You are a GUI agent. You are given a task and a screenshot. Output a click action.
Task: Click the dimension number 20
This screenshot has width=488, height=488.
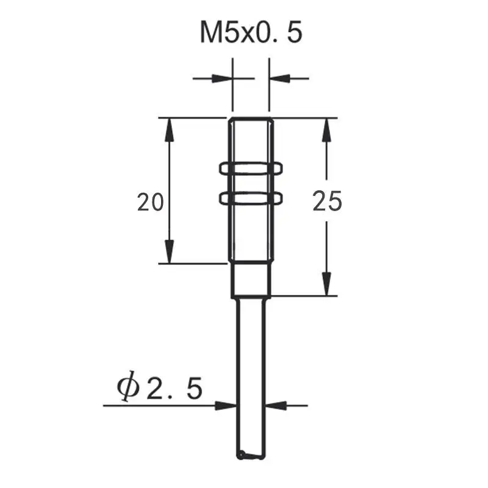tap(150, 202)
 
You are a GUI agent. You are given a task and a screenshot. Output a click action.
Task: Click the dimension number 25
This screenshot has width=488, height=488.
tap(328, 201)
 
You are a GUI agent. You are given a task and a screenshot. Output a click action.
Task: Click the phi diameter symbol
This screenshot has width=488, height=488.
tap(127, 388)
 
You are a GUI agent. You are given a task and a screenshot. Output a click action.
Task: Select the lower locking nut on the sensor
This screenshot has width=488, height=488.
tap(250, 196)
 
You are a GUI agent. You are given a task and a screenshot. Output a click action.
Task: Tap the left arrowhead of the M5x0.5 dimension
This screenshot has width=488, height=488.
tap(222, 78)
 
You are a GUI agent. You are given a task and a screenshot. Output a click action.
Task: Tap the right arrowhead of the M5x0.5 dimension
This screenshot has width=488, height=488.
tap(279, 78)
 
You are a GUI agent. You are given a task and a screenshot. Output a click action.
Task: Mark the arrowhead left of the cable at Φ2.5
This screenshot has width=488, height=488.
tap(226, 405)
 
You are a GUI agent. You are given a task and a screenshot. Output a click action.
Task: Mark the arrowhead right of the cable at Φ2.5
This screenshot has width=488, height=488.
tap(276, 405)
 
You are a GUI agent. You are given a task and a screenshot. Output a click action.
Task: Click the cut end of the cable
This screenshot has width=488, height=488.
tap(250, 455)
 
